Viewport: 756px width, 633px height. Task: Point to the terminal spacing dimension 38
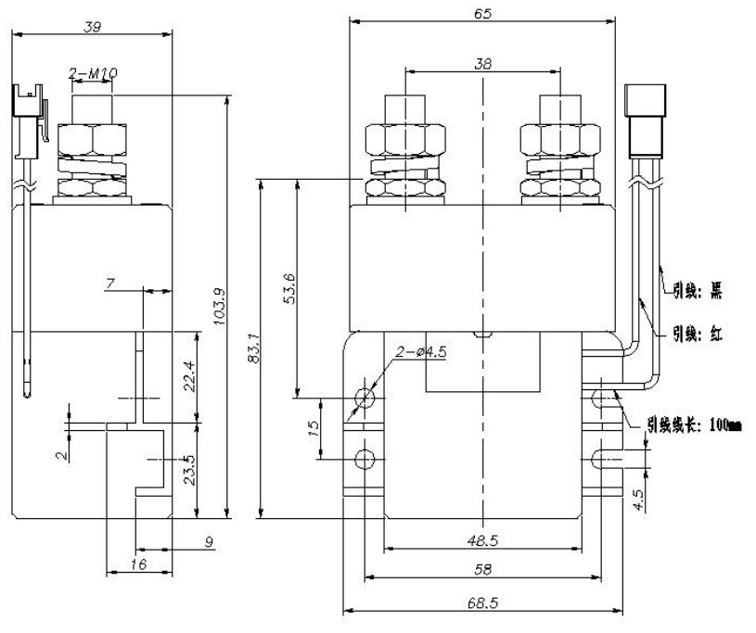tap(482, 64)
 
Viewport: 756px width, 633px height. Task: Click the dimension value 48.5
tap(481, 538)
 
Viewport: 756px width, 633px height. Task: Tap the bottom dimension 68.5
tap(482, 602)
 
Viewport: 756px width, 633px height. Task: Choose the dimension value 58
tap(482, 568)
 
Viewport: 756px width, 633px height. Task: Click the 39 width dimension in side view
tap(92, 27)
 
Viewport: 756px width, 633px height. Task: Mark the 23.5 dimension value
tap(188, 470)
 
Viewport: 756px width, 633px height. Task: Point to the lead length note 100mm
tap(696, 425)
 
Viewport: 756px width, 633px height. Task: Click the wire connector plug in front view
tap(644, 120)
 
